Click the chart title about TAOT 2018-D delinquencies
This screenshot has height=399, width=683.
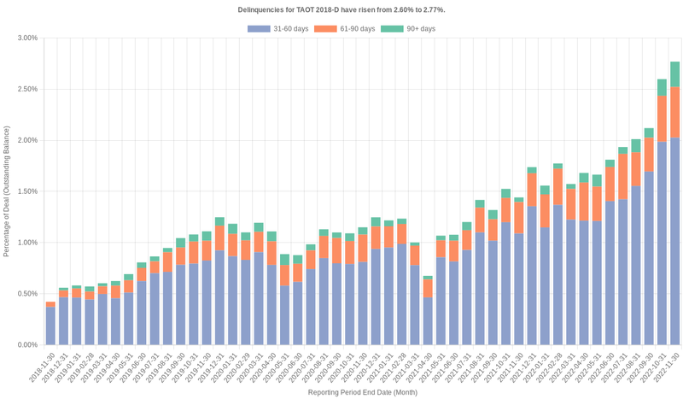point(341,9)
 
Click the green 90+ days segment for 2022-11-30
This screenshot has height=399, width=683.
point(674,74)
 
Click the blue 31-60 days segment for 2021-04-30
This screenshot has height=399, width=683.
point(428,320)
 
